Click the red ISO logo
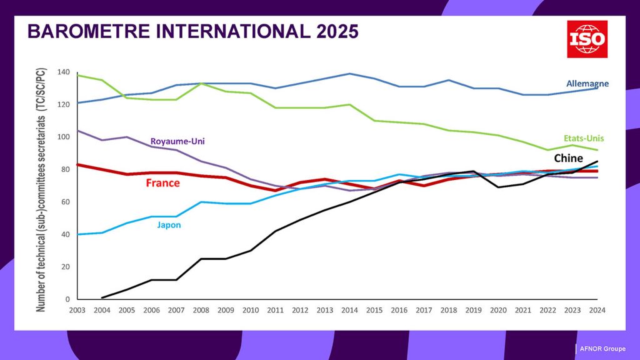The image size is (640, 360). (x=587, y=39)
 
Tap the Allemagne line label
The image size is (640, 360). (x=587, y=83)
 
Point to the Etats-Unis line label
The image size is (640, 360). (x=582, y=138)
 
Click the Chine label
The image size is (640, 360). (x=568, y=159)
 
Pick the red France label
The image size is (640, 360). (x=162, y=183)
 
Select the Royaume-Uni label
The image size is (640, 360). (x=177, y=141)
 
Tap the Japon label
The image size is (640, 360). (x=169, y=225)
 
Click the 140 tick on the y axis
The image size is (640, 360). (x=63, y=72)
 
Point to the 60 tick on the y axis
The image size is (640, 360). (x=65, y=202)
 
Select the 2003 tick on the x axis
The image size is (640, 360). (x=77, y=310)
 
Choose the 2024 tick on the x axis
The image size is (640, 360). (x=597, y=310)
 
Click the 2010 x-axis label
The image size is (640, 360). (x=251, y=310)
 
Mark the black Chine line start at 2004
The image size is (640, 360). (x=102, y=297)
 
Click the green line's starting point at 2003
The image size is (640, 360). (x=77, y=75)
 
